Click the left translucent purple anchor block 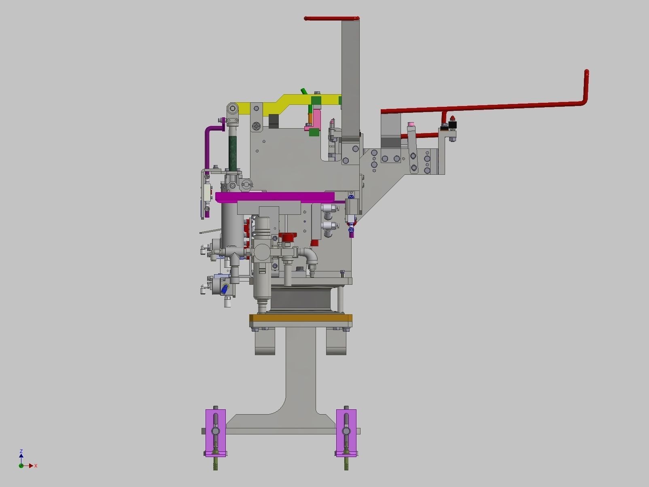[x=215, y=432]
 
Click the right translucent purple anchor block [x=346, y=432]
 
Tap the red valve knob [x=288, y=237]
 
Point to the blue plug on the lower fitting [x=225, y=288]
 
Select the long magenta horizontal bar [x=275, y=197]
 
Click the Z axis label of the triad [x=21, y=451]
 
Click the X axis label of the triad [x=36, y=466]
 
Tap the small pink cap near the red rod [x=411, y=124]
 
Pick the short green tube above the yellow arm [x=304, y=91]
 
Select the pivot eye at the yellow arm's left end [x=232, y=108]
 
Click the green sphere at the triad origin [x=21, y=466]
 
